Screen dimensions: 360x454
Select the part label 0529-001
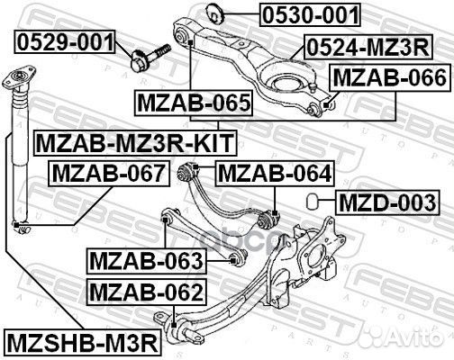tap(64, 40)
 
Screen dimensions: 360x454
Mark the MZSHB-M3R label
tap(82, 341)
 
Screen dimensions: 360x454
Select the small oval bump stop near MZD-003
tap(312, 199)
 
